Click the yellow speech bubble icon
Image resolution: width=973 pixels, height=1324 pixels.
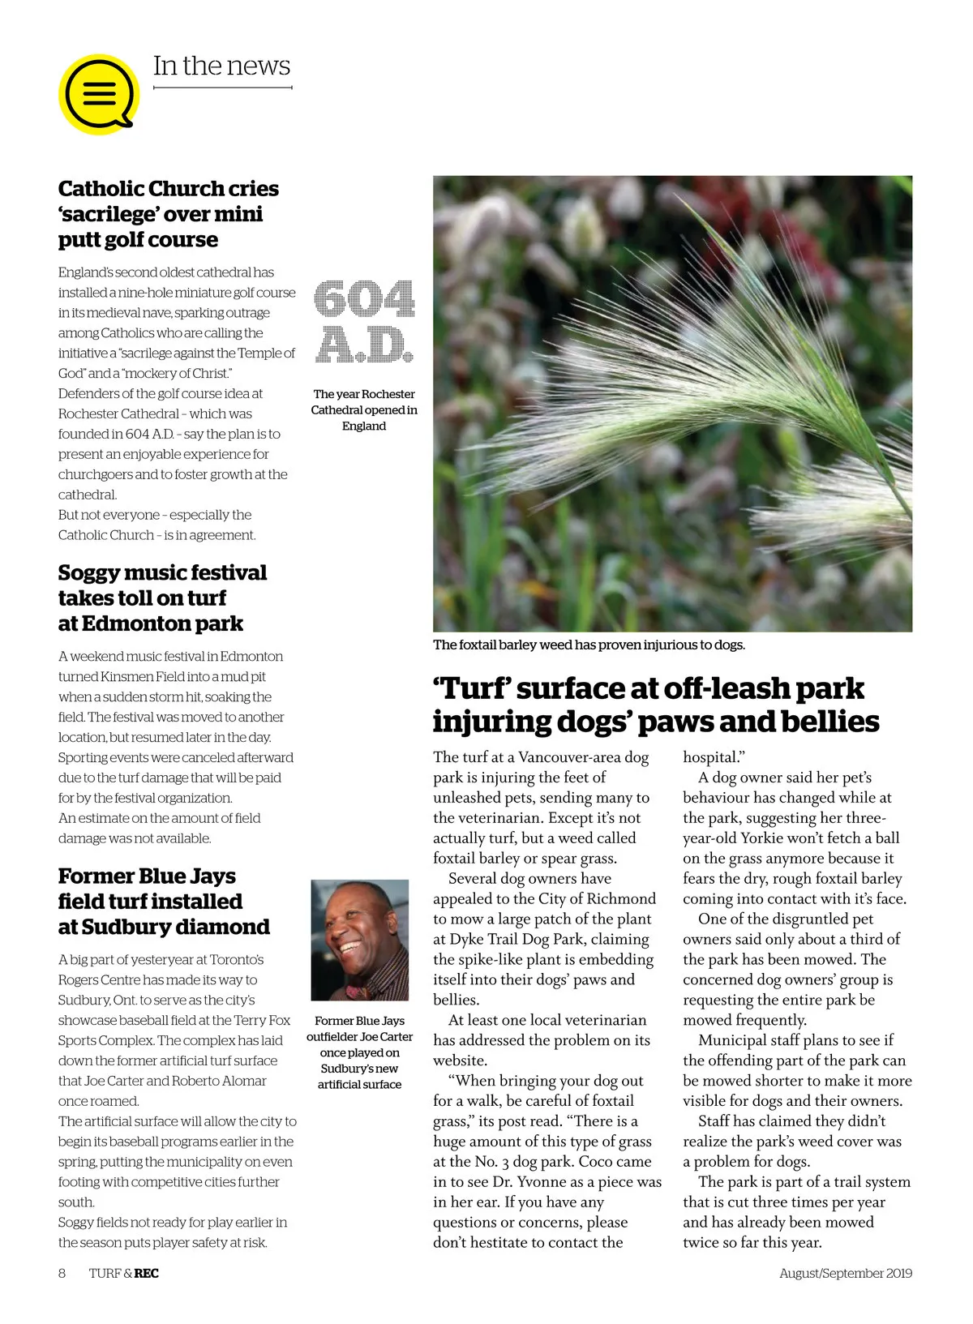(99, 94)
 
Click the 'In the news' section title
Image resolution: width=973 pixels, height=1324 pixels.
(221, 66)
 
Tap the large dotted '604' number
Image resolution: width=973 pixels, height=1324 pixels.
(364, 299)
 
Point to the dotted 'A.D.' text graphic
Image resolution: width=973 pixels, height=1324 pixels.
(364, 345)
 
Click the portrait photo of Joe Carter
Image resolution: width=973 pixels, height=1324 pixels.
(359, 940)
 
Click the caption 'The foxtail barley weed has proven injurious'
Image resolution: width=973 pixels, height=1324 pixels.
(589, 645)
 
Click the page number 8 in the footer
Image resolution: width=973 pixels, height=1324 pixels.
(62, 1273)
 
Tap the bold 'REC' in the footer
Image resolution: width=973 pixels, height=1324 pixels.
(147, 1273)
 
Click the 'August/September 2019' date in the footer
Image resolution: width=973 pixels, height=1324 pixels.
(846, 1273)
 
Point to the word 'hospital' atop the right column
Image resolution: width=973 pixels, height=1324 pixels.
(711, 757)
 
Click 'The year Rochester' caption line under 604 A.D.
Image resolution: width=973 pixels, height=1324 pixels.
(364, 394)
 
